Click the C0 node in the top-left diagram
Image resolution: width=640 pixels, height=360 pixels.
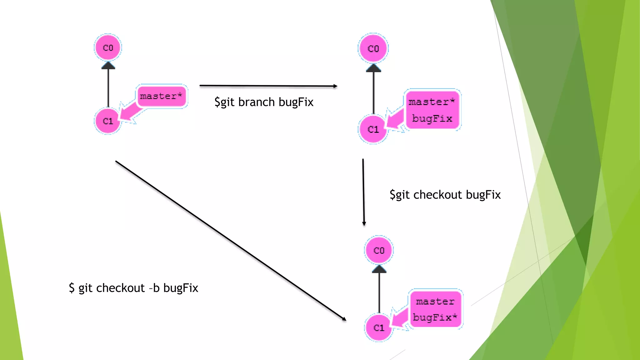click(x=108, y=47)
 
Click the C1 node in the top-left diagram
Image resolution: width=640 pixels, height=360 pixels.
click(x=107, y=121)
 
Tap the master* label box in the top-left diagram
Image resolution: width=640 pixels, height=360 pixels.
click(x=161, y=96)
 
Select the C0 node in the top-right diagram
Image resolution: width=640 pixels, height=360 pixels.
click(x=373, y=48)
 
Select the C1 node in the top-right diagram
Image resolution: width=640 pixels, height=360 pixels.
click(x=373, y=129)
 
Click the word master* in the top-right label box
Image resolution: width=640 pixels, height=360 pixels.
click(x=432, y=102)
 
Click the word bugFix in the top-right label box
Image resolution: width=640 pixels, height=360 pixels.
click(x=432, y=118)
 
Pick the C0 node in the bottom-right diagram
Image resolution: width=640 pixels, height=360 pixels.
click(x=379, y=250)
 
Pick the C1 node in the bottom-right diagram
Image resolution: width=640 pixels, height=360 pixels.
click(x=379, y=327)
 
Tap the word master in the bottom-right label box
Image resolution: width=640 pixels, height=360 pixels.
click(x=435, y=302)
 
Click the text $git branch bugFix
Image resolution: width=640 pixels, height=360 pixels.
click(x=264, y=102)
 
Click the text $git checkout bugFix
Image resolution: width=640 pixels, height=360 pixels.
click(x=445, y=195)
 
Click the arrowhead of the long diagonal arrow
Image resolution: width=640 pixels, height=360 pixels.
click(x=344, y=319)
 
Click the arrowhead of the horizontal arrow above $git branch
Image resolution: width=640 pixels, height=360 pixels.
click(x=335, y=86)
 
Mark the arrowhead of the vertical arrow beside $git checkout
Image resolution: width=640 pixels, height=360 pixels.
click(x=364, y=223)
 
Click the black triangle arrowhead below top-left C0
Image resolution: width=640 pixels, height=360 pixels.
click(x=108, y=65)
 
